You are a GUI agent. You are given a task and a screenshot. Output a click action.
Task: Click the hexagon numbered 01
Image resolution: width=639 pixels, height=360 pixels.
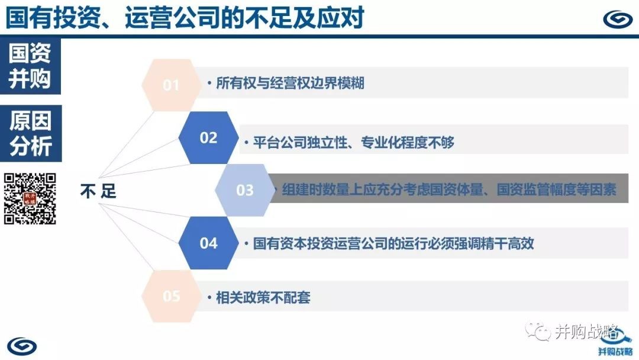(x=171, y=85)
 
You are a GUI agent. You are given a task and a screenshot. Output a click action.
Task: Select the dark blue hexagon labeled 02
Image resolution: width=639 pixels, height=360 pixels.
(x=208, y=137)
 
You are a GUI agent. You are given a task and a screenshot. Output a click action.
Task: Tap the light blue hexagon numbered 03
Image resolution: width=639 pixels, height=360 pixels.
(x=245, y=190)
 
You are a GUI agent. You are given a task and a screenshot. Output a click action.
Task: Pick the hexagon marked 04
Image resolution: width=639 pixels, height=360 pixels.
(x=208, y=243)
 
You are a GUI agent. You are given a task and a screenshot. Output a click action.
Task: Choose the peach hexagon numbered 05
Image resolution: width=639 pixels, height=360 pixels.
(x=171, y=296)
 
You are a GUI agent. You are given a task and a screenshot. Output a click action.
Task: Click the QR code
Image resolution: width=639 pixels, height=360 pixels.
(x=30, y=198)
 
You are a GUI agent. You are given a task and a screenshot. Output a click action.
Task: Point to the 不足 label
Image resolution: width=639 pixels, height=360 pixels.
(x=98, y=191)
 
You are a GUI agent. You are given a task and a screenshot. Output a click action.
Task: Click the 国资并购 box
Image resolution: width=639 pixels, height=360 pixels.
(x=30, y=66)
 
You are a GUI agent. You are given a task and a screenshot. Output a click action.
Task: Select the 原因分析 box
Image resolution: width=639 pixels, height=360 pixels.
(x=31, y=133)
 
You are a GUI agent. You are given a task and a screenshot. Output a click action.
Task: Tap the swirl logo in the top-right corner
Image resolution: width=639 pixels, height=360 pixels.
(x=618, y=19)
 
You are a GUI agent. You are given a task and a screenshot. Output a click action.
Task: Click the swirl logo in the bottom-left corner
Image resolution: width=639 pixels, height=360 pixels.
(x=22, y=346)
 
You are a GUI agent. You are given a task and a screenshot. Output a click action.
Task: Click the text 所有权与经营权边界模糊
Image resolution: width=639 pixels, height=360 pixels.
(x=290, y=83)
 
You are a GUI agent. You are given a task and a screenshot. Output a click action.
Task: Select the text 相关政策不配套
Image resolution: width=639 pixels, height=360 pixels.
(x=263, y=297)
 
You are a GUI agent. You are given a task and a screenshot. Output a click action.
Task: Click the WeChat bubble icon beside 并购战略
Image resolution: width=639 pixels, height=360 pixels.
(x=537, y=330)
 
